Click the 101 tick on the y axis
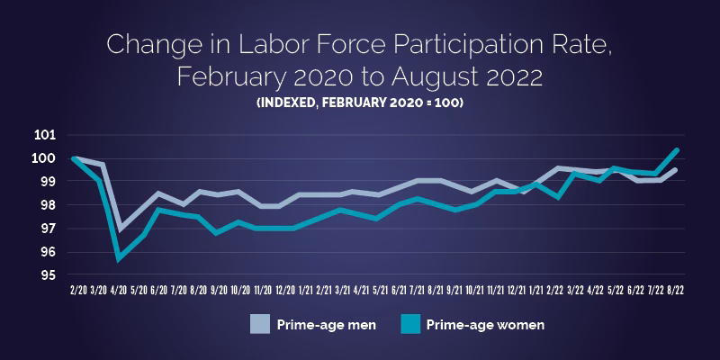(x=46, y=135)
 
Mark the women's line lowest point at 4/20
(x=119, y=259)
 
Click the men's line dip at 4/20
(x=120, y=229)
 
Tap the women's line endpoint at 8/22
(x=677, y=150)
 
